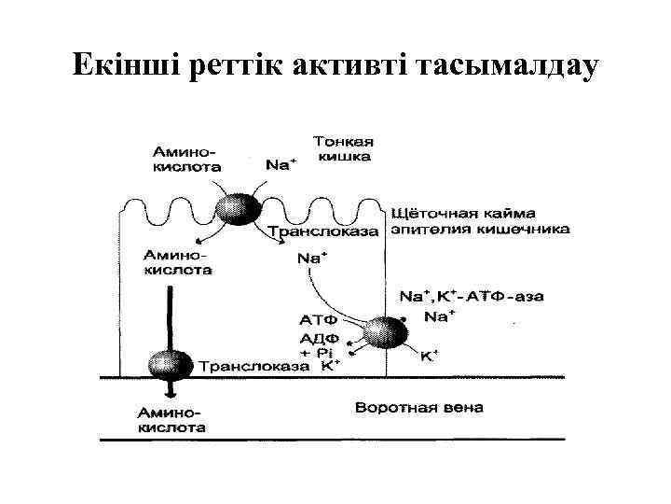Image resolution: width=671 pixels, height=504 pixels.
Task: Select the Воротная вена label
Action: click(419, 408)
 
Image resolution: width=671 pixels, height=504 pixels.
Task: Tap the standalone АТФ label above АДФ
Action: click(318, 319)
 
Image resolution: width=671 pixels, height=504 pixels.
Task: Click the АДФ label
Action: click(318, 338)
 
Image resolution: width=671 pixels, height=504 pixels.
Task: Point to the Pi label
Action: click(322, 353)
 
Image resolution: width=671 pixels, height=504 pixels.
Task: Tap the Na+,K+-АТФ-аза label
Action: click(472, 297)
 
